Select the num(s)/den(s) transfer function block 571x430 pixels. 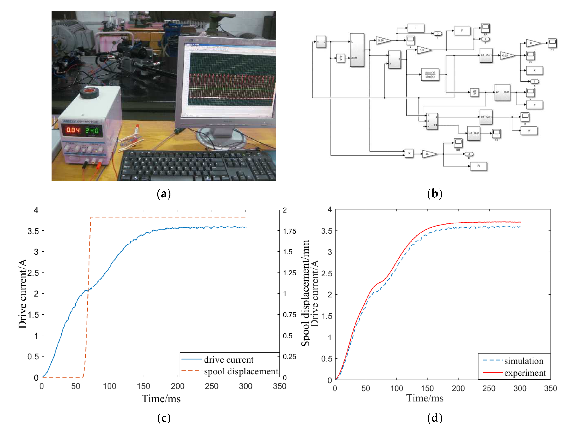(430, 75)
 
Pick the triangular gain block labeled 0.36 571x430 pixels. (382, 40)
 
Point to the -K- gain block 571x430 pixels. (429, 154)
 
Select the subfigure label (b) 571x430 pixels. (435, 193)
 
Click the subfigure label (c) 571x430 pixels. (164, 418)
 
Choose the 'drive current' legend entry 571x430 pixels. (229, 360)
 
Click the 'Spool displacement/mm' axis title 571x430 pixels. (305, 293)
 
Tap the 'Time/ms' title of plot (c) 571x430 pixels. (161, 398)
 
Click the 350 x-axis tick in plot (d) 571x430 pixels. (550, 388)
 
